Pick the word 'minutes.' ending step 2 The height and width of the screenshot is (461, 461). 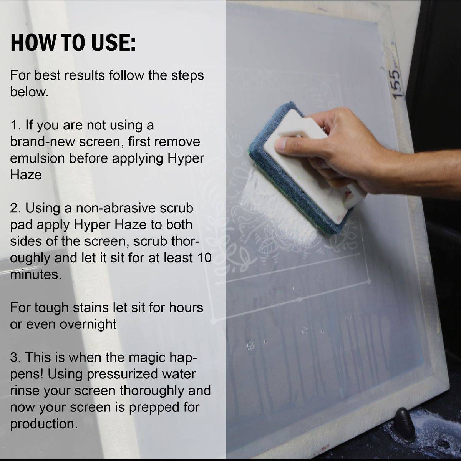(36, 274)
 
